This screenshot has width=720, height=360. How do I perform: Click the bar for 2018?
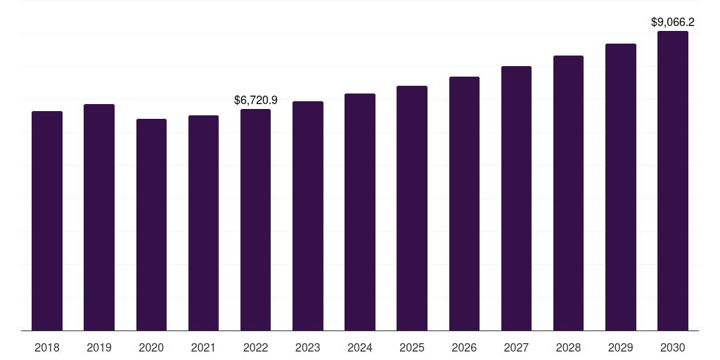pos(47,221)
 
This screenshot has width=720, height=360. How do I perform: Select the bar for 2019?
pos(99,217)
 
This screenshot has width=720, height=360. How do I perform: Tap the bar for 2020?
pos(151,225)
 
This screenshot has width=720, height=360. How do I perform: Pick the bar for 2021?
pos(203,223)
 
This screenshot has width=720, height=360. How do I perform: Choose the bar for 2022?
pos(255,219)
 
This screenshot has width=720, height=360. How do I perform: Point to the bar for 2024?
pos(360,212)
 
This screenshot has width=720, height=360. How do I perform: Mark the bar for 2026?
pos(464,203)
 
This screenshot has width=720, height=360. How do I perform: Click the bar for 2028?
pos(568,193)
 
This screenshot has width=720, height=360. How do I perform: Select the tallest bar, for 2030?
pos(673,181)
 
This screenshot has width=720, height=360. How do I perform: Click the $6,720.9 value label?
pos(256,101)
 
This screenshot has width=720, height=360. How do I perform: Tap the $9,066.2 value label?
pos(673,22)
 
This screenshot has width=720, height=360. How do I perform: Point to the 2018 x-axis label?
pos(47,347)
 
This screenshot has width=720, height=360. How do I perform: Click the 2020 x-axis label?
pos(151,347)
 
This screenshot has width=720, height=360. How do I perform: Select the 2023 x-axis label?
pos(308,347)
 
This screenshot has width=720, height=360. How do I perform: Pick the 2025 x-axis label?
pos(412,347)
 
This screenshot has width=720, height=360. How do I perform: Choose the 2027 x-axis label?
pos(516,347)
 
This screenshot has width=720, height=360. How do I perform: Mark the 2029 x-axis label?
pos(620,347)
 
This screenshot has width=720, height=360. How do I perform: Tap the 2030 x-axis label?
pos(673,347)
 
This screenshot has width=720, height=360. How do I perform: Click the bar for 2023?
pos(308,216)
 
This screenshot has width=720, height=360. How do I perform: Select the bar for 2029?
pos(621,187)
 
